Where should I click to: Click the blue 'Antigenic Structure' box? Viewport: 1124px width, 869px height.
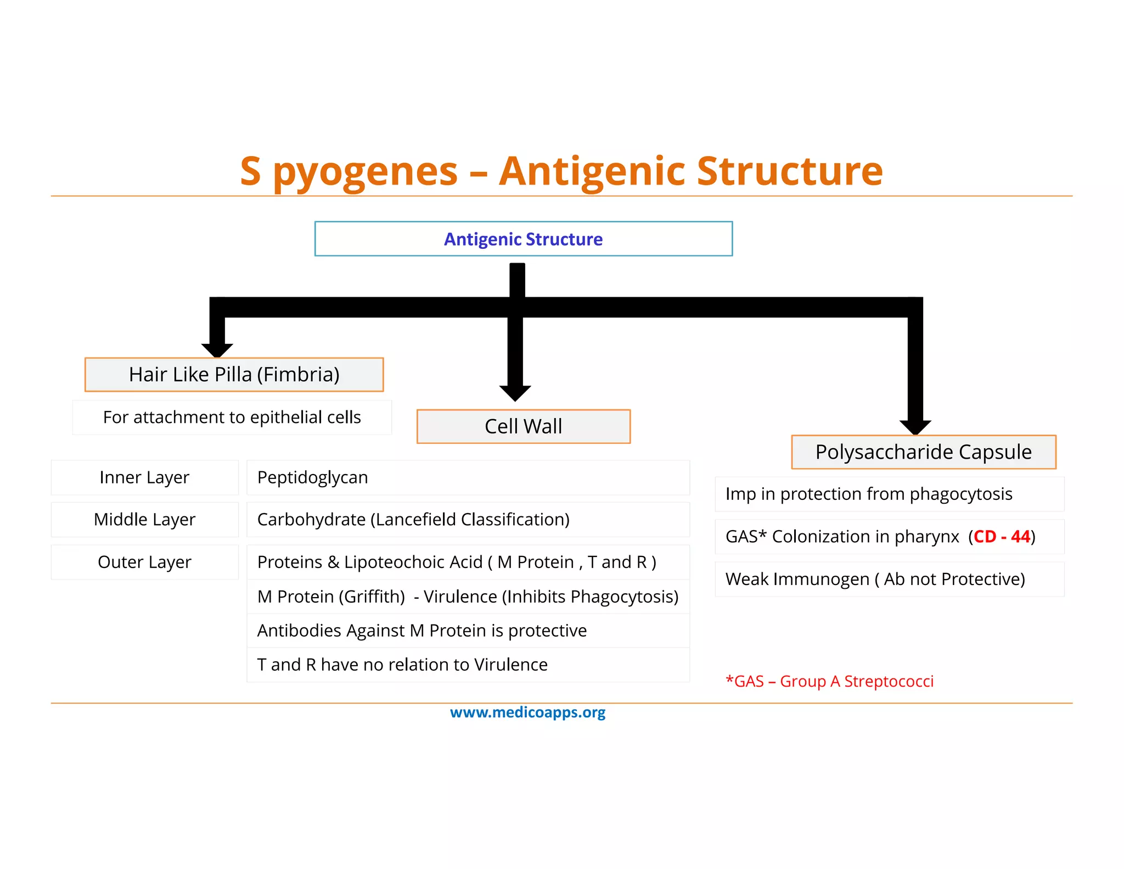[x=523, y=239]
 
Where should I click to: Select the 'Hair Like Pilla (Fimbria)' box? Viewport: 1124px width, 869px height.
[x=234, y=375]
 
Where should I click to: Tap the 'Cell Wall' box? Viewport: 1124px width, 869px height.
[x=523, y=426]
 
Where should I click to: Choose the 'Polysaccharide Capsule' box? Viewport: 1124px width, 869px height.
[x=923, y=452]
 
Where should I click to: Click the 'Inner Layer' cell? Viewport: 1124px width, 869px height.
[x=144, y=477]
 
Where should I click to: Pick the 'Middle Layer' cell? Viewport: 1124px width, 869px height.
[x=144, y=519]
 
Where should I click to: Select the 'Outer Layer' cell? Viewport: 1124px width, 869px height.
[x=144, y=562]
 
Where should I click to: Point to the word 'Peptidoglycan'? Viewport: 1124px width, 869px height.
[x=312, y=477]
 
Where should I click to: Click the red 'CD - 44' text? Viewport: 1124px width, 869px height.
[x=1002, y=537]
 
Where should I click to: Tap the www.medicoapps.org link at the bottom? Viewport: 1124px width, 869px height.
[x=527, y=712]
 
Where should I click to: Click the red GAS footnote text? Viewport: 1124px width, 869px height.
[x=829, y=681]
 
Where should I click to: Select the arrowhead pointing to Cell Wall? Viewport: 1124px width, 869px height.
[x=515, y=393]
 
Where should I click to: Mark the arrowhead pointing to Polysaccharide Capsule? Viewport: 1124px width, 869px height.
[x=915, y=427]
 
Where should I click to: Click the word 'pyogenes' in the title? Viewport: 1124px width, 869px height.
[x=365, y=172]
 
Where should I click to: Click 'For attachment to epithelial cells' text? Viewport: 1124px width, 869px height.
[x=232, y=417]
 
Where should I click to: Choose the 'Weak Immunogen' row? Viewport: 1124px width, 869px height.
[x=875, y=579]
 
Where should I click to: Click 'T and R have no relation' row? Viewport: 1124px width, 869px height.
[x=402, y=665]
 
